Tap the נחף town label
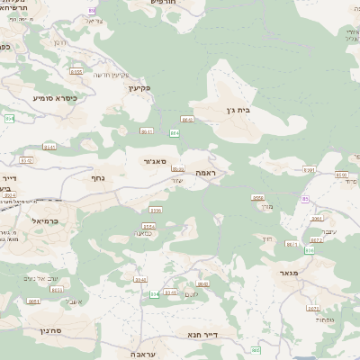click(x=100, y=178)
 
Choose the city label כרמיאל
click(x=44, y=220)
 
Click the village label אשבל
click(x=75, y=301)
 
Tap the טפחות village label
click(x=326, y=320)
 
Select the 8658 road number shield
click(x=258, y=198)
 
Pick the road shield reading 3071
click(x=313, y=308)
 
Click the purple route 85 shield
click(x=306, y=199)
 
